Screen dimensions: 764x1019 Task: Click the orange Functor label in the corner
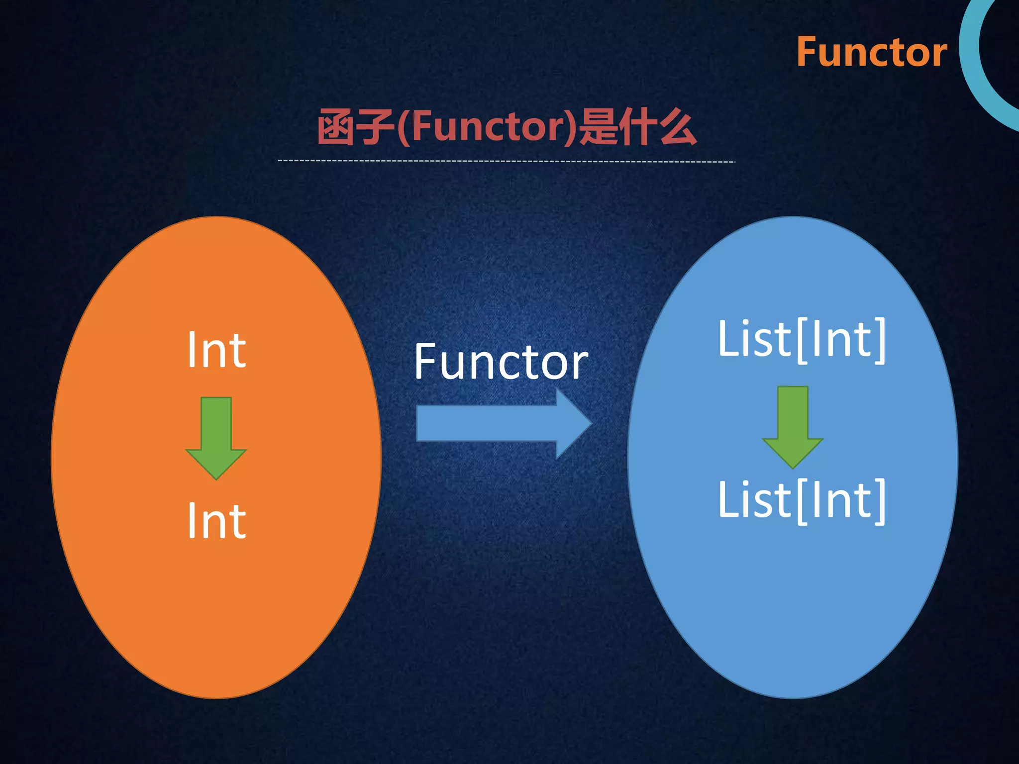tap(872, 52)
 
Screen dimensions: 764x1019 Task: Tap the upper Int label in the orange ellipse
tap(216, 351)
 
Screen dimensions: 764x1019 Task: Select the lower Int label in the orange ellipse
tap(216, 521)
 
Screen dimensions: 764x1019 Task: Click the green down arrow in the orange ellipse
tap(216, 438)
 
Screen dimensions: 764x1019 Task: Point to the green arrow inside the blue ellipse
tap(793, 427)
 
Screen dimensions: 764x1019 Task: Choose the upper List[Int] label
tap(802, 340)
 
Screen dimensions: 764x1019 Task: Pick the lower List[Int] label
tap(802, 500)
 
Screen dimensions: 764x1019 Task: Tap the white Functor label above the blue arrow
tap(501, 362)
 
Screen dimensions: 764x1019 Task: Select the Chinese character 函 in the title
tap(337, 128)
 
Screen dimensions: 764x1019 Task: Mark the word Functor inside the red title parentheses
tap(488, 127)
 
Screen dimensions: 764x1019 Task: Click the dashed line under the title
tap(506, 161)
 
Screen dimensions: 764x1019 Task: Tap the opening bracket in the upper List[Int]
tap(802, 341)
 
